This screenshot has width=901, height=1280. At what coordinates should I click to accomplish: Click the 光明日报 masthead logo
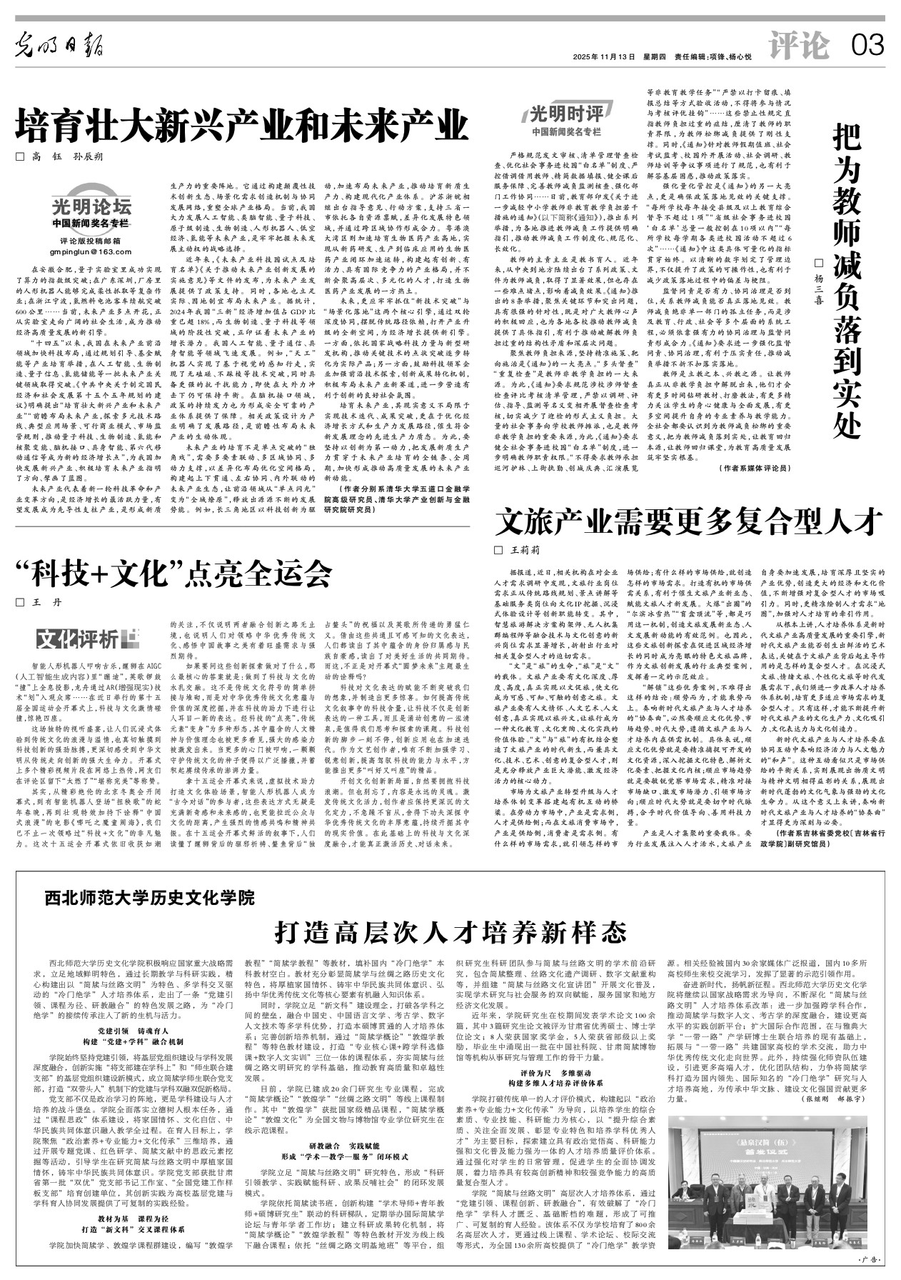tap(61, 46)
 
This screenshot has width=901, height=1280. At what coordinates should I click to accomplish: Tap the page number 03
tap(867, 47)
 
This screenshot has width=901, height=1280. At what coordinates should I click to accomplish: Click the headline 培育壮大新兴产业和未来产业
tap(242, 127)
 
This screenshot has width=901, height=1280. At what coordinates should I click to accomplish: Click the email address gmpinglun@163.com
tap(91, 251)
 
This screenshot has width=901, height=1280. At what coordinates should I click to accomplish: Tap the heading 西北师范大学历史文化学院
tap(151, 896)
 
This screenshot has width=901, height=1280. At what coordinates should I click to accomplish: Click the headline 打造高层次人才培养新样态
tap(450, 931)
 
